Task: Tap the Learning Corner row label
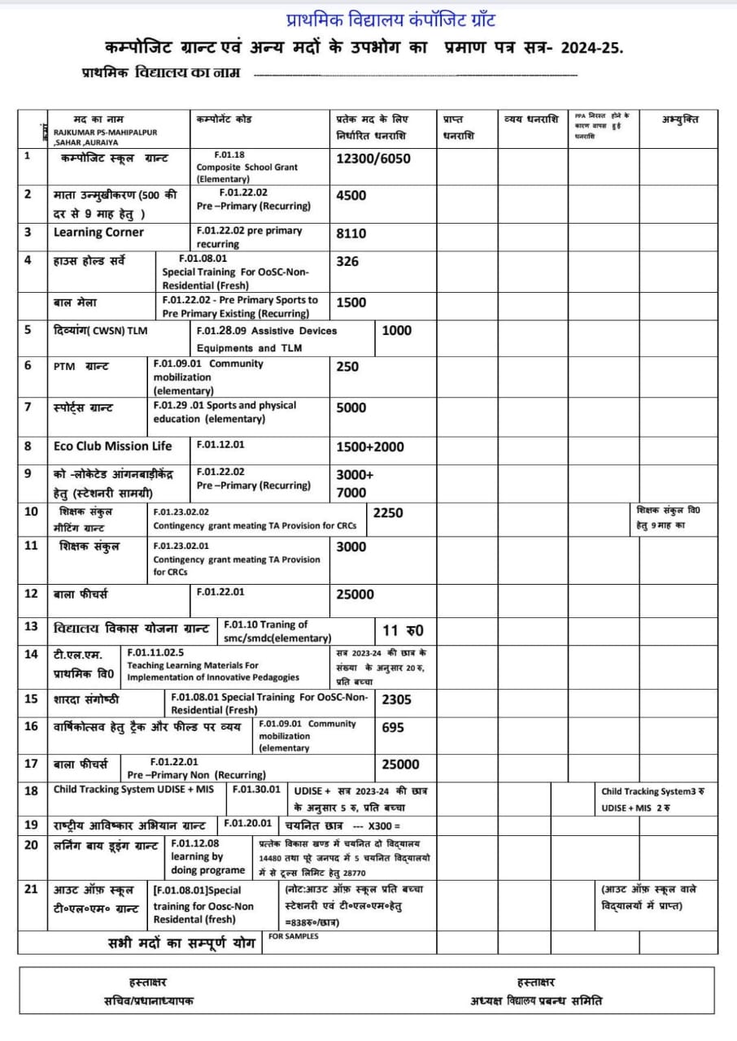98,232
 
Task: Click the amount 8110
351,233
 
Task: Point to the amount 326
347,261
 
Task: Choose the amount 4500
351,195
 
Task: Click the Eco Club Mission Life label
113,446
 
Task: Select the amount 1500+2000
370,446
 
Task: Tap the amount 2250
388,512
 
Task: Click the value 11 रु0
403,630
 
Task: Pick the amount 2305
397,699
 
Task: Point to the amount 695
393,727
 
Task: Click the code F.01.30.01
256,789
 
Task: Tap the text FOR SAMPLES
294,936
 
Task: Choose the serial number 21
31,888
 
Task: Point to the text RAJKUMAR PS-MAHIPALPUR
106,132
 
